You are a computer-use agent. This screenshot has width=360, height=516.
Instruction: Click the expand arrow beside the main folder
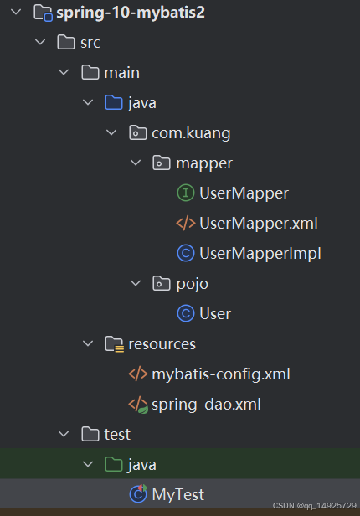tap(64, 73)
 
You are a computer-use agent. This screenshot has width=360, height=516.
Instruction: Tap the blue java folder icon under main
tap(113, 103)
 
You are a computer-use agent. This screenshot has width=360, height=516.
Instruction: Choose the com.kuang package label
tap(191, 132)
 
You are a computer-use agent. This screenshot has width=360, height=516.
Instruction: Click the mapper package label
tap(204, 163)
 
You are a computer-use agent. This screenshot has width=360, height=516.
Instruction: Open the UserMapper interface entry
tap(244, 193)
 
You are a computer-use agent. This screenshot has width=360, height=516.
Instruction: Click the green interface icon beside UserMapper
tap(185, 193)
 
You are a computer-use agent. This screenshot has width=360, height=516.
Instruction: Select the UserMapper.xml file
tap(258, 223)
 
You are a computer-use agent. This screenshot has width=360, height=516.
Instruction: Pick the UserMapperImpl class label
tap(260, 253)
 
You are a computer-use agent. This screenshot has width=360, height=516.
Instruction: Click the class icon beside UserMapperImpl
tap(185, 253)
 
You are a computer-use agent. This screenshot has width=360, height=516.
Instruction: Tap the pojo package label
tap(192, 283)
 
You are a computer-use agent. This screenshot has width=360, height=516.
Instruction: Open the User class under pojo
tap(215, 313)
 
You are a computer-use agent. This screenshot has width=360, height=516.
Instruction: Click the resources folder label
tap(162, 343)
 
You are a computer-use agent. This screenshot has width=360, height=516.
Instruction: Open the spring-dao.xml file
tap(206, 404)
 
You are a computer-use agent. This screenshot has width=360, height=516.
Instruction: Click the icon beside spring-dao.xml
tap(137, 405)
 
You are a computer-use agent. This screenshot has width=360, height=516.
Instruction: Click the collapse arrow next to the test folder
tap(64, 434)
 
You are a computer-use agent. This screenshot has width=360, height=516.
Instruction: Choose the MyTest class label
tap(177, 494)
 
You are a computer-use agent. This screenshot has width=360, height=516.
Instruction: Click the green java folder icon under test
tap(113, 464)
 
